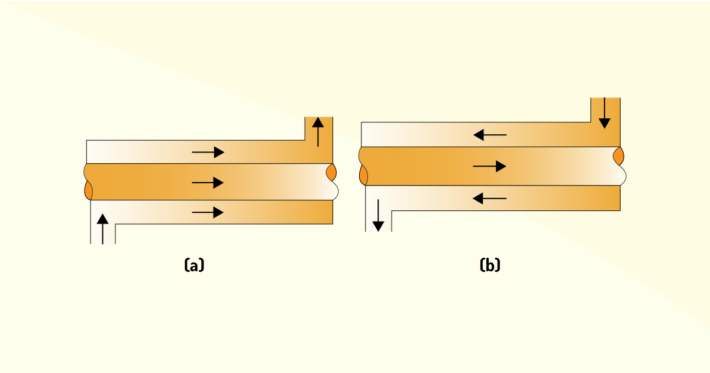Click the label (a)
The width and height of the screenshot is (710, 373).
click(x=194, y=265)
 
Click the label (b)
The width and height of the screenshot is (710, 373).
click(x=490, y=265)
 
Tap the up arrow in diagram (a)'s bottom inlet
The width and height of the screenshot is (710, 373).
click(x=103, y=229)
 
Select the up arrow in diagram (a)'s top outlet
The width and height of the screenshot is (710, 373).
click(x=318, y=132)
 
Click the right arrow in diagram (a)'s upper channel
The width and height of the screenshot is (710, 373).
click(x=208, y=153)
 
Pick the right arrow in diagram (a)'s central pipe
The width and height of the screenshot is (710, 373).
click(x=208, y=183)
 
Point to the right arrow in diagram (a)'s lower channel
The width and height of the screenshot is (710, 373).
click(x=208, y=212)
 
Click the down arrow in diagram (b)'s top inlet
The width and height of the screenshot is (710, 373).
click(x=605, y=113)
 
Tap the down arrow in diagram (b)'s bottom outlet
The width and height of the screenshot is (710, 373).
click(x=378, y=216)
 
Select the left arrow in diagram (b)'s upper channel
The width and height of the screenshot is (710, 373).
click(x=490, y=135)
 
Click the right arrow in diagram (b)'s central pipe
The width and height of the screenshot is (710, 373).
click(x=489, y=166)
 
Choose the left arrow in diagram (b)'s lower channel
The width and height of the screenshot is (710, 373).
click(x=490, y=199)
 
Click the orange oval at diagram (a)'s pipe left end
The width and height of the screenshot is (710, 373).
click(x=88, y=190)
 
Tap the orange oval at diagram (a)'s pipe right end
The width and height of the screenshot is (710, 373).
click(x=331, y=172)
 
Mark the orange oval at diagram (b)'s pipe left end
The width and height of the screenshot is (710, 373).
click(x=363, y=175)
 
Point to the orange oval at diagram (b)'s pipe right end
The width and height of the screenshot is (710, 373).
click(x=618, y=156)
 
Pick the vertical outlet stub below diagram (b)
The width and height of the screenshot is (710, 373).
click(x=379, y=221)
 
